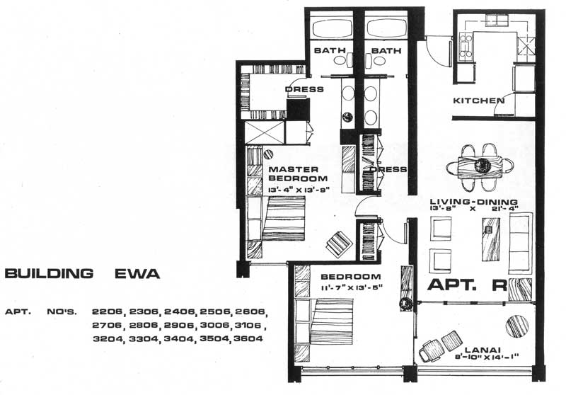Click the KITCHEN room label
pyautogui.click(x=479, y=101)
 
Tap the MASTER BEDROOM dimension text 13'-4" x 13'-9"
pyautogui.click(x=299, y=190)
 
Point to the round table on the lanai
pyautogui.click(x=517, y=326)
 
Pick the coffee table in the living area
pyautogui.click(x=491, y=239)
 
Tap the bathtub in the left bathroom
pyautogui.click(x=332, y=28)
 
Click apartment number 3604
pyautogui.click(x=248, y=338)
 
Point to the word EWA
pyautogui.click(x=137, y=274)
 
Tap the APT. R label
pyautogui.click(x=468, y=285)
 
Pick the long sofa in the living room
pyautogui.click(x=521, y=243)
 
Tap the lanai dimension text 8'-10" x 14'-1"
pyautogui.click(x=487, y=357)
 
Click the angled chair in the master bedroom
pyautogui.click(x=340, y=244)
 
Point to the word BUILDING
pyautogui.click(x=49, y=274)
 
